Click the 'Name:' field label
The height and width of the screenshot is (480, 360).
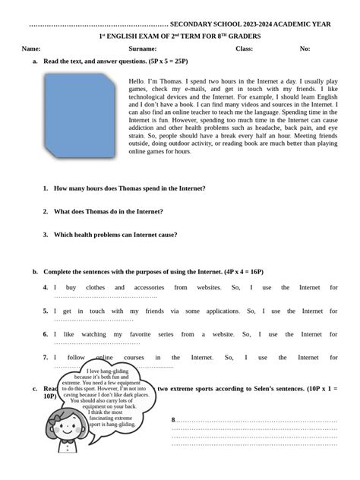point(30,49)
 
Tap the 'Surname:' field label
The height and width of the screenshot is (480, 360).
point(143,49)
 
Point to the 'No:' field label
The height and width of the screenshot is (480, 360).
point(305,49)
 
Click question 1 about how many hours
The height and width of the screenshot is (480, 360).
point(129,188)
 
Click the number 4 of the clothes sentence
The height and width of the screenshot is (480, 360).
point(46,288)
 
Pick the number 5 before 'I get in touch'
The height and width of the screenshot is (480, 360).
point(46,311)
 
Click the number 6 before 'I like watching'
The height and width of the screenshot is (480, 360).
point(46,334)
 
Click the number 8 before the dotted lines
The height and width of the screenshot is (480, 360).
point(173,420)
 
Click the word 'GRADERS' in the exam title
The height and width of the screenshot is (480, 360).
point(245,36)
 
